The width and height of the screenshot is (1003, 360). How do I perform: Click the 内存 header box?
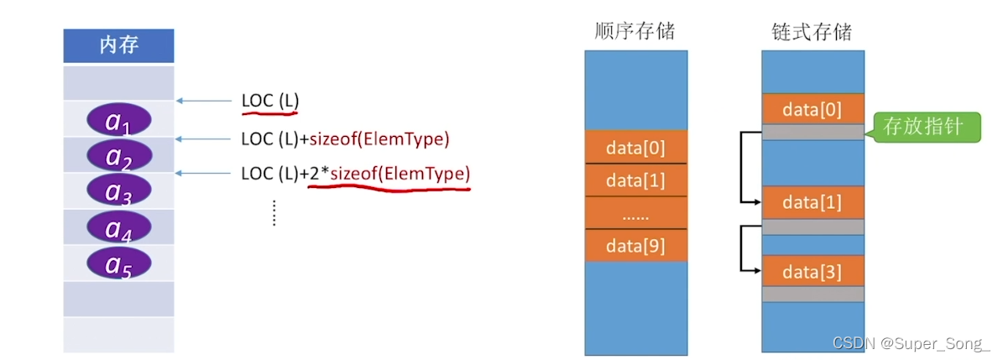click(118, 45)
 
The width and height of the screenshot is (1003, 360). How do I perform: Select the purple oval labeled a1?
click(118, 121)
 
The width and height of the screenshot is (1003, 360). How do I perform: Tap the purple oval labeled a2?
click(118, 156)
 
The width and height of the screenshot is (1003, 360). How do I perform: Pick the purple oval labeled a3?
click(118, 191)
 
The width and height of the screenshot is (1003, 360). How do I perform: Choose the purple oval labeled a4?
click(118, 227)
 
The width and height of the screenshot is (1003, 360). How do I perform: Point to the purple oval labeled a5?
click(118, 263)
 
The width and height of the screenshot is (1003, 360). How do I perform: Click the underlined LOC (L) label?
click(269, 102)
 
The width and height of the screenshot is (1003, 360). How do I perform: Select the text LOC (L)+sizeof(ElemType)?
click(345, 138)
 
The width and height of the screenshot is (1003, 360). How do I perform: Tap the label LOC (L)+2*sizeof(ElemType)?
click(355, 174)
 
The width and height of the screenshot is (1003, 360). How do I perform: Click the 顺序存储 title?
click(635, 33)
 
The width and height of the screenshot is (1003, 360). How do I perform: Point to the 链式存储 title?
click(812, 33)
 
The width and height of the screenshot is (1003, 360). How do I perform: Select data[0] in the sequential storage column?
click(635, 149)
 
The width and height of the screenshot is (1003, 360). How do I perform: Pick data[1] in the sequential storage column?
click(635, 180)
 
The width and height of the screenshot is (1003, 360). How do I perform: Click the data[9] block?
click(635, 246)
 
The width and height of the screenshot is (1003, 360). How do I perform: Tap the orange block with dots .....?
click(635, 213)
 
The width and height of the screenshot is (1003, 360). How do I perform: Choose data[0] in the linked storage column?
click(812, 109)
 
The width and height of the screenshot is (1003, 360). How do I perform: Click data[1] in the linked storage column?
click(812, 202)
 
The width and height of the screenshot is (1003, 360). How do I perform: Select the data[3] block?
click(812, 271)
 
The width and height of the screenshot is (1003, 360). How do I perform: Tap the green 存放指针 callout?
click(927, 128)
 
